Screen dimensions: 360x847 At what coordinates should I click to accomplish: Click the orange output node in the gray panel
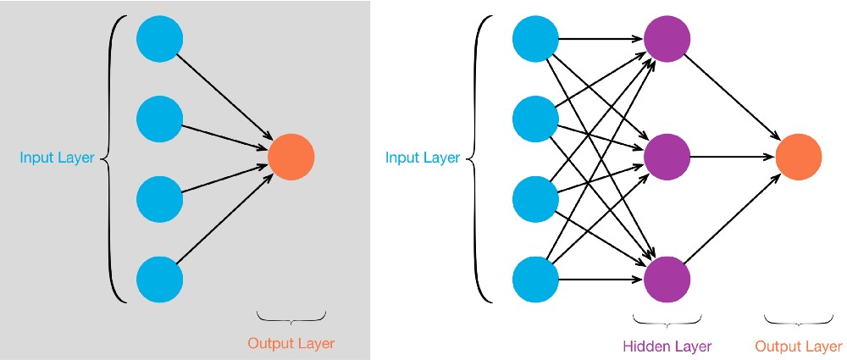[x=291, y=157]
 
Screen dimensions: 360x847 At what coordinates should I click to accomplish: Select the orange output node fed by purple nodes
[x=799, y=157]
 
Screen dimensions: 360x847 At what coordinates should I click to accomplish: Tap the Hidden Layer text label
[x=667, y=346]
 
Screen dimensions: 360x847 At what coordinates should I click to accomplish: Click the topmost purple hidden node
[x=667, y=39]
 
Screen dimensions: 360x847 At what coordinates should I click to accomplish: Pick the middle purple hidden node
[x=667, y=157]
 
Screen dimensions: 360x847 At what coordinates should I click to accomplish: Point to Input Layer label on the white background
[x=423, y=157]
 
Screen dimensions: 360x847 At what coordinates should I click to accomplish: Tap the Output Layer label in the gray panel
[x=291, y=344]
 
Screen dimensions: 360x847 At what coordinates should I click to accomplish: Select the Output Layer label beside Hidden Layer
[x=799, y=346]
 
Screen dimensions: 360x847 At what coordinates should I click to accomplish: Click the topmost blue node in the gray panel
[x=160, y=39]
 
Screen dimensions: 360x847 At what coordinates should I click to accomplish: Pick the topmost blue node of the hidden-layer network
[x=536, y=39]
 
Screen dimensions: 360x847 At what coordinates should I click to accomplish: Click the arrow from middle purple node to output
[x=733, y=157]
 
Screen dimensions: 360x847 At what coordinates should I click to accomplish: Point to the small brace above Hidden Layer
[x=667, y=322]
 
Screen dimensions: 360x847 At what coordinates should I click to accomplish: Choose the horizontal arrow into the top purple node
[x=601, y=39]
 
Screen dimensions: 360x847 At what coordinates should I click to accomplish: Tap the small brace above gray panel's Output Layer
[x=291, y=318]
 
